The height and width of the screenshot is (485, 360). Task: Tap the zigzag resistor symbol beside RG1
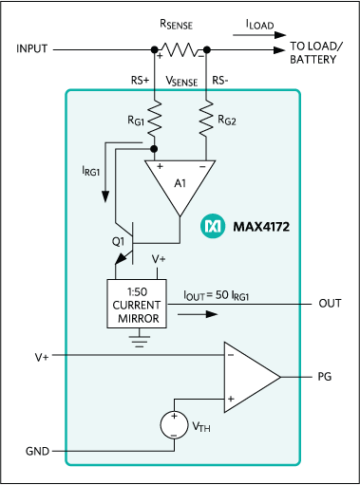tap(154, 116)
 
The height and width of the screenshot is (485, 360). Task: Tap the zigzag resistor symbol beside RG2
tap(205, 116)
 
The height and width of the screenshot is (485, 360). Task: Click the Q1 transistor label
tap(118, 243)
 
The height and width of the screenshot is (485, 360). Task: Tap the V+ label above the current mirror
tap(161, 258)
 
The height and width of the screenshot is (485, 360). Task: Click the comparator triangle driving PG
tap(250, 376)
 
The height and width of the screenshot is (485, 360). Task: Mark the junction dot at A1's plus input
tap(154, 149)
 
